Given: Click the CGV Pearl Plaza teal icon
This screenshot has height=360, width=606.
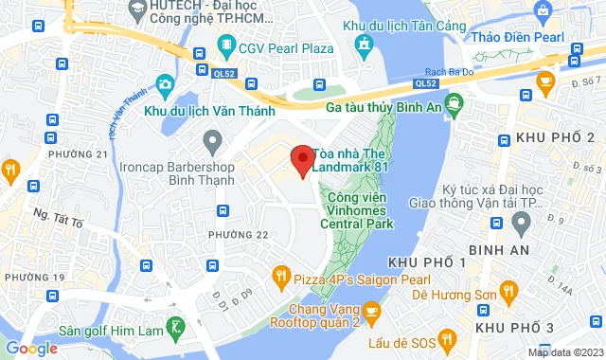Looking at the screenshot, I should pyautogui.click(x=225, y=45).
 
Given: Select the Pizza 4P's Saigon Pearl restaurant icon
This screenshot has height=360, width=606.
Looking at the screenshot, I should pyautogui.click(x=280, y=277).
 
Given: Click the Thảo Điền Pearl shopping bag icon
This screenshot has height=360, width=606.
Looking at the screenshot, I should pyautogui.click(x=543, y=13).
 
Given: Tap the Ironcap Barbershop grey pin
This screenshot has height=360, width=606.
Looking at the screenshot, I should pyautogui.click(x=212, y=143).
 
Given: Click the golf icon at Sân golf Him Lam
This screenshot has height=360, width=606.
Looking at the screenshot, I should pyautogui.click(x=176, y=328).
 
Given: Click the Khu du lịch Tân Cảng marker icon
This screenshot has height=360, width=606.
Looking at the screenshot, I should pyautogui.click(x=364, y=44).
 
